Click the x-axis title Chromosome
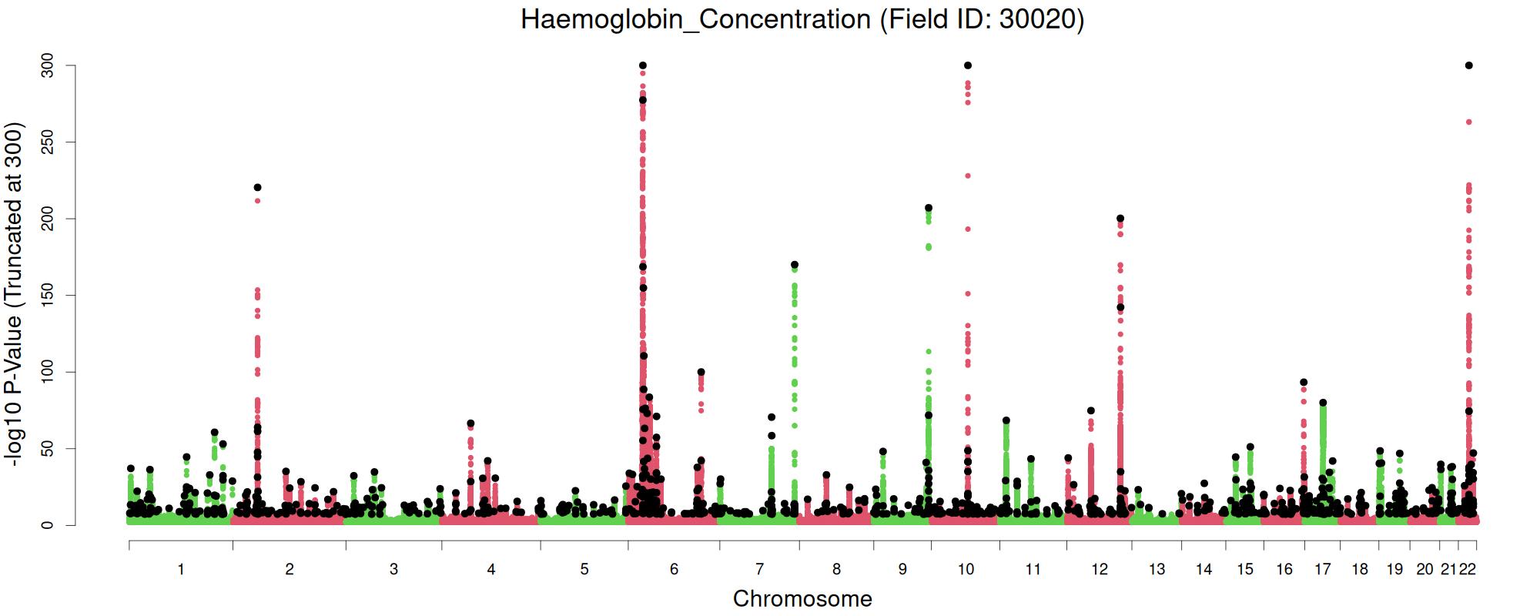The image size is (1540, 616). (802, 598)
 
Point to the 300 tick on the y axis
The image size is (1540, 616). (48, 65)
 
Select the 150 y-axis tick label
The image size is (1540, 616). (48, 295)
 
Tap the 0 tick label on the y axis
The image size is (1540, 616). (48, 525)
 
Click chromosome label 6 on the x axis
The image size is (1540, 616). (674, 569)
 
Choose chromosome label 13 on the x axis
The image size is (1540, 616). (1157, 569)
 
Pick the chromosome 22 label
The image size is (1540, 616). (1468, 569)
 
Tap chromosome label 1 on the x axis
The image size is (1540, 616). (181, 569)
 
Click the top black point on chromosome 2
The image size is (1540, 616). (257, 187)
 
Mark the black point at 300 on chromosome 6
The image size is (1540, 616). (643, 65)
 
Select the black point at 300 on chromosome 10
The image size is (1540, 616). (968, 65)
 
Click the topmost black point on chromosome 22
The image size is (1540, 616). (1469, 65)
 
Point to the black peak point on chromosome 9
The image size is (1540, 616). (929, 208)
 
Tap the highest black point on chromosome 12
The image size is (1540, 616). (1120, 219)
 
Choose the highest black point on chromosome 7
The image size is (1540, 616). (795, 265)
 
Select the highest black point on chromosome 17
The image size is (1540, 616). (1323, 403)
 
